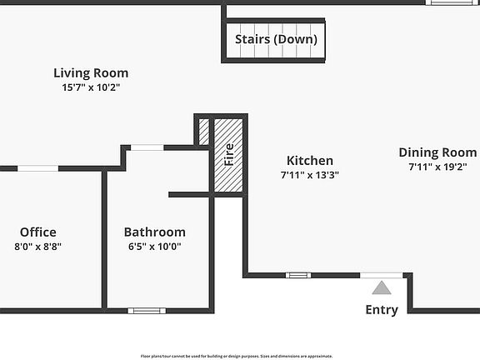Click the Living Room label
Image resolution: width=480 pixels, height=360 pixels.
[x=91, y=73]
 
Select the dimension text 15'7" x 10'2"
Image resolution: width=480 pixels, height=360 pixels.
[x=91, y=87]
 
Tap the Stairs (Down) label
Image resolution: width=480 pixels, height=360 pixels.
[x=276, y=39]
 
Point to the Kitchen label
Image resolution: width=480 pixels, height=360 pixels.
[x=310, y=161]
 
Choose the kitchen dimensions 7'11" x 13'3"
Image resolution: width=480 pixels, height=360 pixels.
[x=310, y=175]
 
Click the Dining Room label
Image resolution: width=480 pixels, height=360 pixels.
[x=437, y=152]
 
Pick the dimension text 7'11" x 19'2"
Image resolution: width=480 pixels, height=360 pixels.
[x=437, y=167]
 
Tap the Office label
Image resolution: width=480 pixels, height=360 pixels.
[x=38, y=232]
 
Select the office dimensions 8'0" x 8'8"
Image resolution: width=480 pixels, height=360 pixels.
[x=38, y=247]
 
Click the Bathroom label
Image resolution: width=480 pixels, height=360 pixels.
[x=155, y=232]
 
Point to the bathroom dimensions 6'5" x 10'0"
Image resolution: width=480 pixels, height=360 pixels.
[x=155, y=247]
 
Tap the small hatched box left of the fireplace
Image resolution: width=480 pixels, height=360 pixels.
[x=203, y=132]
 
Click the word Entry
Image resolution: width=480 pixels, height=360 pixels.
[x=382, y=310]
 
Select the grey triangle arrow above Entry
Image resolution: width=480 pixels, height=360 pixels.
[x=382, y=288]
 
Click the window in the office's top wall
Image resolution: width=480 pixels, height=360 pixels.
[x=38, y=168]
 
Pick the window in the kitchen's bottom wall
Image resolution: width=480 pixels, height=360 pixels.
[x=298, y=275]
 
